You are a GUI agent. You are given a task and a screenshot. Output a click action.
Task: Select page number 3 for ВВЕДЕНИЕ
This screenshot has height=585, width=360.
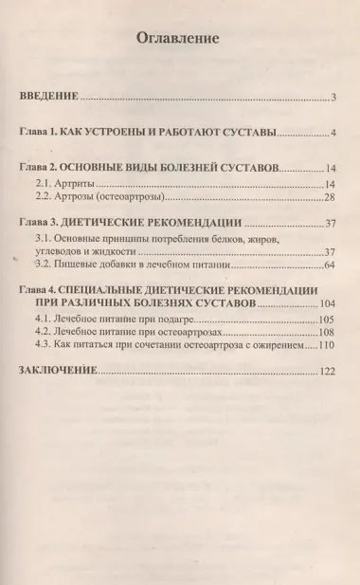coord(335,98)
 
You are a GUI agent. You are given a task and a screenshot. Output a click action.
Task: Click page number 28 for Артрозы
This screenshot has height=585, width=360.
coord(331,198)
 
